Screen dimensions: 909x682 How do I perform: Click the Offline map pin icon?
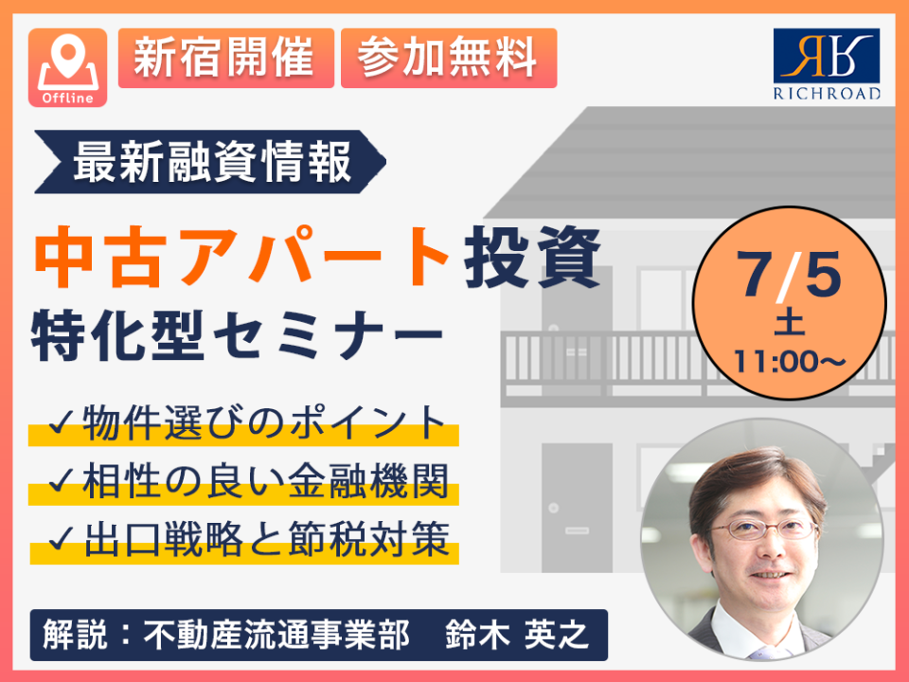tap(68, 68)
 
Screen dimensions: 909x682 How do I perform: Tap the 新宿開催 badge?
tap(226, 58)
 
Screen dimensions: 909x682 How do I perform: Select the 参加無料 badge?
tap(449, 58)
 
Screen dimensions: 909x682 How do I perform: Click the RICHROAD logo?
tap(827, 64)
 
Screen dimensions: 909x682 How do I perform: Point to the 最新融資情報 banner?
tap(210, 162)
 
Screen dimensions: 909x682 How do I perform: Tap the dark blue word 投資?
tap(531, 257)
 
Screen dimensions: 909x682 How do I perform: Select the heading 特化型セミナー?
tap(238, 335)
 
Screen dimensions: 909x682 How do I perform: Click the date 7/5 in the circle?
tap(789, 275)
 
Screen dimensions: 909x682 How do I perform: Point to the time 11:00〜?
tap(790, 362)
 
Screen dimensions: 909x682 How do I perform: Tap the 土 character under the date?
tap(789, 324)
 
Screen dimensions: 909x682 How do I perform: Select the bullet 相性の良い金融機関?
tap(248, 481)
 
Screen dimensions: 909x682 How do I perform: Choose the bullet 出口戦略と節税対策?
tap(248, 539)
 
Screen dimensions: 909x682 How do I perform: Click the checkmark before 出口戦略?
tap(62, 539)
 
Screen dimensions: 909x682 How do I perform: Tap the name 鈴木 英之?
tap(517, 635)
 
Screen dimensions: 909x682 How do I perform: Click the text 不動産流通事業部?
tap(276, 635)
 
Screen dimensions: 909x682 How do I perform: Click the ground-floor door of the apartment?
tap(577, 508)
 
